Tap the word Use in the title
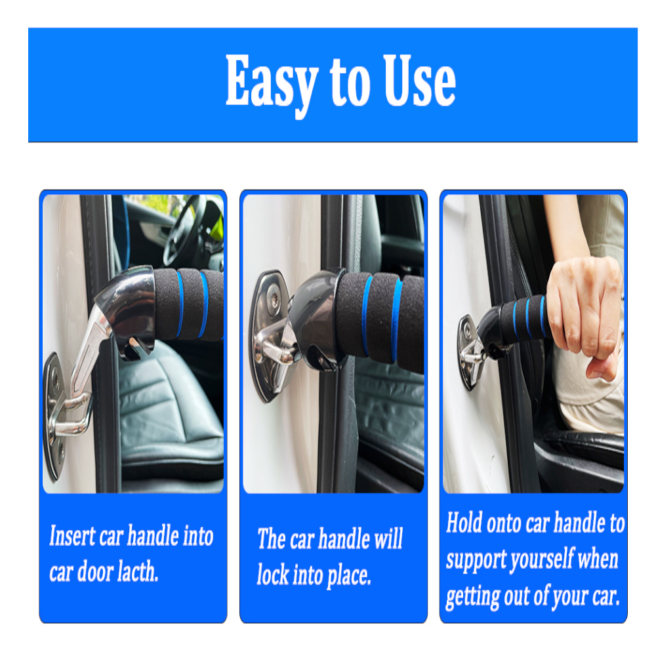[x=420, y=80]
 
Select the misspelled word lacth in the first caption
[x=138, y=571]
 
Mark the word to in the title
[x=350, y=81]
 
